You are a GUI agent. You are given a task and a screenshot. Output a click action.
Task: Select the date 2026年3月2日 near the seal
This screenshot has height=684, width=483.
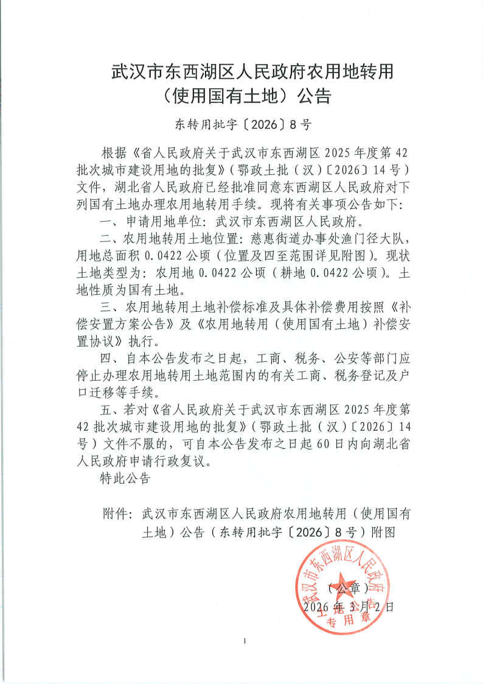(348, 607)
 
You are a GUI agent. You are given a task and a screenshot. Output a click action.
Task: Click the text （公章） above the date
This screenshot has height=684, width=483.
(347, 588)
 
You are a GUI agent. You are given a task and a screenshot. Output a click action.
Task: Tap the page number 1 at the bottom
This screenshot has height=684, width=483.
(243, 641)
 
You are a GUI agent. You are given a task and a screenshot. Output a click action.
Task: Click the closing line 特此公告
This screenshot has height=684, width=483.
(124, 479)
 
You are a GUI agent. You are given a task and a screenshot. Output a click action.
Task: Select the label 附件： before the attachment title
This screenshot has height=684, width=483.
(118, 513)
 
